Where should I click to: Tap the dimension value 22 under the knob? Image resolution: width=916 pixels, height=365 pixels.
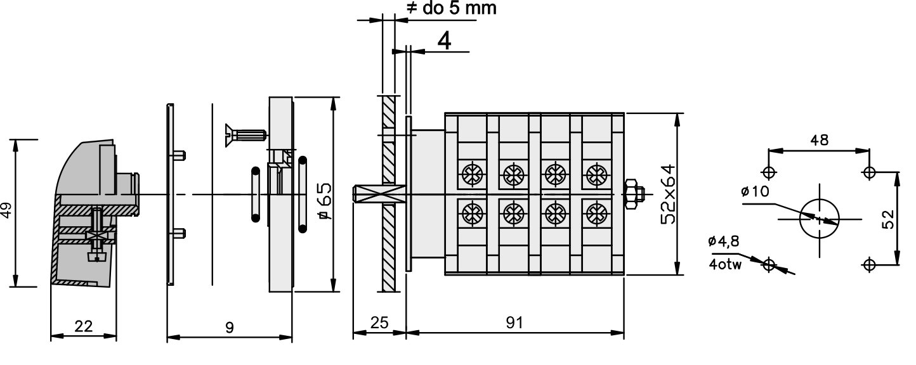tap(84, 326)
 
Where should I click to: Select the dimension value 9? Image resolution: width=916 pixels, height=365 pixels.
tap(230, 328)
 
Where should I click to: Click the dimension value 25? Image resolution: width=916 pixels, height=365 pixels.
tap(379, 323)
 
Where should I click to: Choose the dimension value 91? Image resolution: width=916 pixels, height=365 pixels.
tap(514, 323)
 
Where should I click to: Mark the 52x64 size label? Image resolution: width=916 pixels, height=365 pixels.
tap(668, 194)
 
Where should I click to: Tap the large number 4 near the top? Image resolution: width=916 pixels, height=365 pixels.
tap(445, 41)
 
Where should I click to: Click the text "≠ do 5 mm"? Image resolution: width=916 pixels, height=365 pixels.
tap(452, 8)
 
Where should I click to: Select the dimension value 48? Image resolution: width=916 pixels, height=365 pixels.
tap(820, 140)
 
